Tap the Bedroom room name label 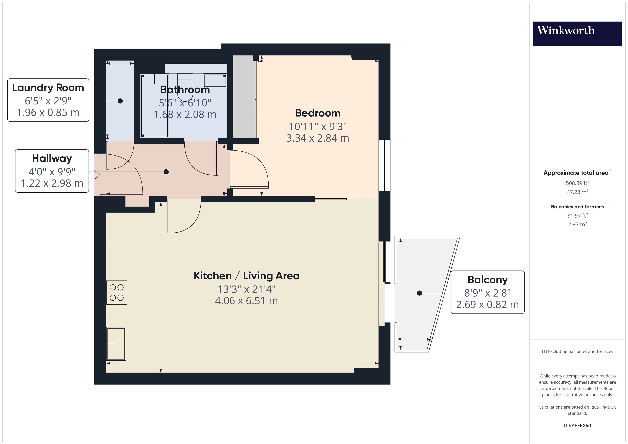(318, 113)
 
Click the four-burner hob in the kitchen (117, 293)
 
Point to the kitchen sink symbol (116, 344)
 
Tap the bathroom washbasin (215, 81)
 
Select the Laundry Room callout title (48, 88)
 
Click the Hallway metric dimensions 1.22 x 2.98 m (52, 183)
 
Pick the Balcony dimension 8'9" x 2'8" (487, 293)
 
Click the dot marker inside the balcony (419, 293)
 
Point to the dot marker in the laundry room (120, 101)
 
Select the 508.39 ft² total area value (577, 183)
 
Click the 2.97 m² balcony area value (577, 224)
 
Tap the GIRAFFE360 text (577, 425)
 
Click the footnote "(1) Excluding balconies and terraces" (577, 351)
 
